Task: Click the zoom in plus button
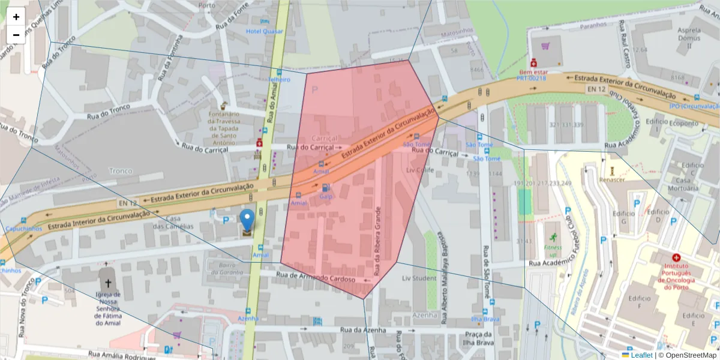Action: (16, 17)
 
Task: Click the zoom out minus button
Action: (16, 35)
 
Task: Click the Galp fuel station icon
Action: (325, 187)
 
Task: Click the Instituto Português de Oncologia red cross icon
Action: (676, 257)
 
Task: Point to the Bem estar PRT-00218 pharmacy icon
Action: (533, 62)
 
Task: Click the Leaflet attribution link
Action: (641, 355)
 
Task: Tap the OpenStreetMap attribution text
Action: (687, 355)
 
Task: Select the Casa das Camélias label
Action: (173, 222)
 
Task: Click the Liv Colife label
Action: (419, 170)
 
